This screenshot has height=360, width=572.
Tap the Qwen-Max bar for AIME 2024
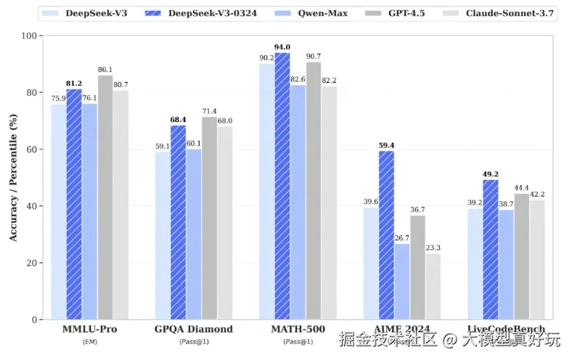point(401,282)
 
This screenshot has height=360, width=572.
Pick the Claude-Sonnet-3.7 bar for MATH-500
point(329,202)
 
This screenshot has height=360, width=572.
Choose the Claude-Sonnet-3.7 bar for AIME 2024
point(433,286)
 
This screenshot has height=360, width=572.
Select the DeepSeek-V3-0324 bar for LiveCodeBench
point(491,250)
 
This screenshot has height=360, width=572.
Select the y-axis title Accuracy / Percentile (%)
point(12,178)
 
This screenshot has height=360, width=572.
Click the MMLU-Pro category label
point(90,330)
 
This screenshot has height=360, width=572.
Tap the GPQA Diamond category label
point(194,330)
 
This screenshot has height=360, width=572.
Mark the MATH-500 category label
point(298,330)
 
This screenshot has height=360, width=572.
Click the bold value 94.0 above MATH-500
point(282,47)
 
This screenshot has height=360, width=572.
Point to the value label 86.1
point(105,70)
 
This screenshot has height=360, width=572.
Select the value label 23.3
point(433,247)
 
